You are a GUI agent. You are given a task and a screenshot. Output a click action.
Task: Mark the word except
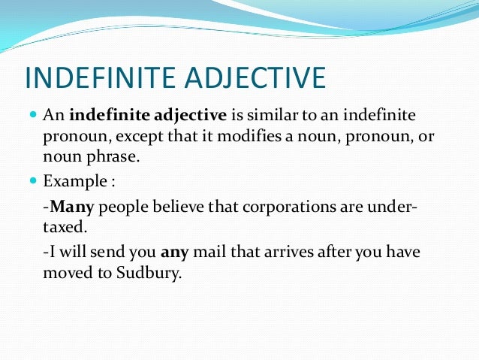point(128,137)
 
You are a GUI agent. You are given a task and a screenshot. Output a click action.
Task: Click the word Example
point(71,182)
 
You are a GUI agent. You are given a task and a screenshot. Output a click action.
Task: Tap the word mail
point(207,253)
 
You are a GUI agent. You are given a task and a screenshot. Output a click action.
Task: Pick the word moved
point(65,273)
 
